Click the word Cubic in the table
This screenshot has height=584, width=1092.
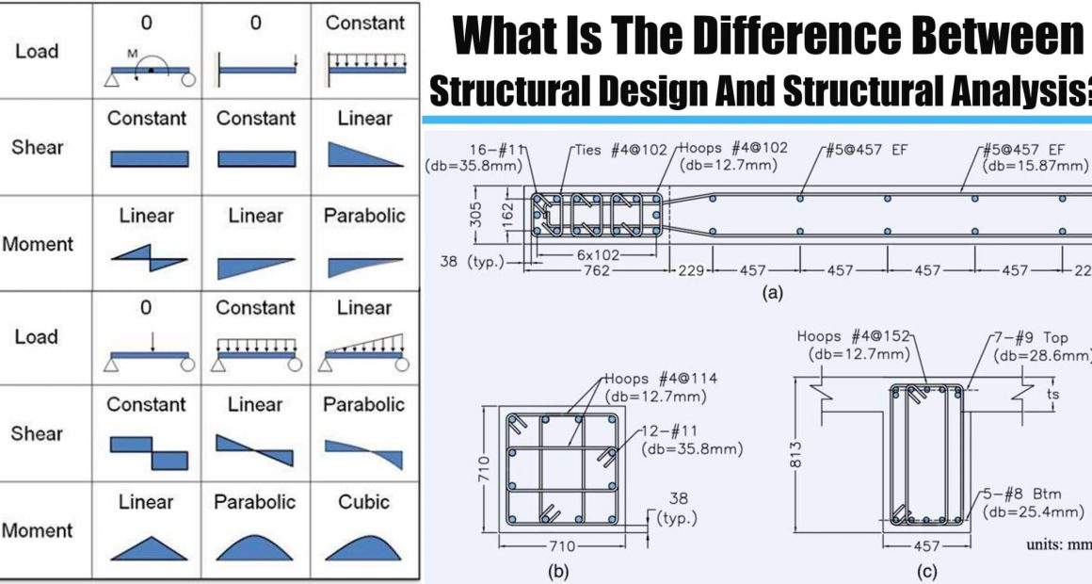(363, 502)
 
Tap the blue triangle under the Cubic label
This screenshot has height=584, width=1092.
(363, 547)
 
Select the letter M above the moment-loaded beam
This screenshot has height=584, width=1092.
(133, 54)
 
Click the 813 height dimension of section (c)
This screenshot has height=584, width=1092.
(796, 454)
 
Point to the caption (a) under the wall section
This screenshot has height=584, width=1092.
(772, 293)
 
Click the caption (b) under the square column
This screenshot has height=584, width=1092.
(558, 572)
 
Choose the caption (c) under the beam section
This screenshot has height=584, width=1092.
(926, 572)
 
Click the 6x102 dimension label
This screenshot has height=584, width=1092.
(598, 255)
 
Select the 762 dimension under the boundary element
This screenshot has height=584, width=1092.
(597, 269)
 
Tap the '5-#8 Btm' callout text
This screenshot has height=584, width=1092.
(1022, 495)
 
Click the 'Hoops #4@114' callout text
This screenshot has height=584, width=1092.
(660, 379)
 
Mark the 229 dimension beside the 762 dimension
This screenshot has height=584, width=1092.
(691, 269)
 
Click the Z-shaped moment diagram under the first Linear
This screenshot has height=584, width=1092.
(149, 258)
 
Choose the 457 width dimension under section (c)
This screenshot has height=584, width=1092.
(926, 546)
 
